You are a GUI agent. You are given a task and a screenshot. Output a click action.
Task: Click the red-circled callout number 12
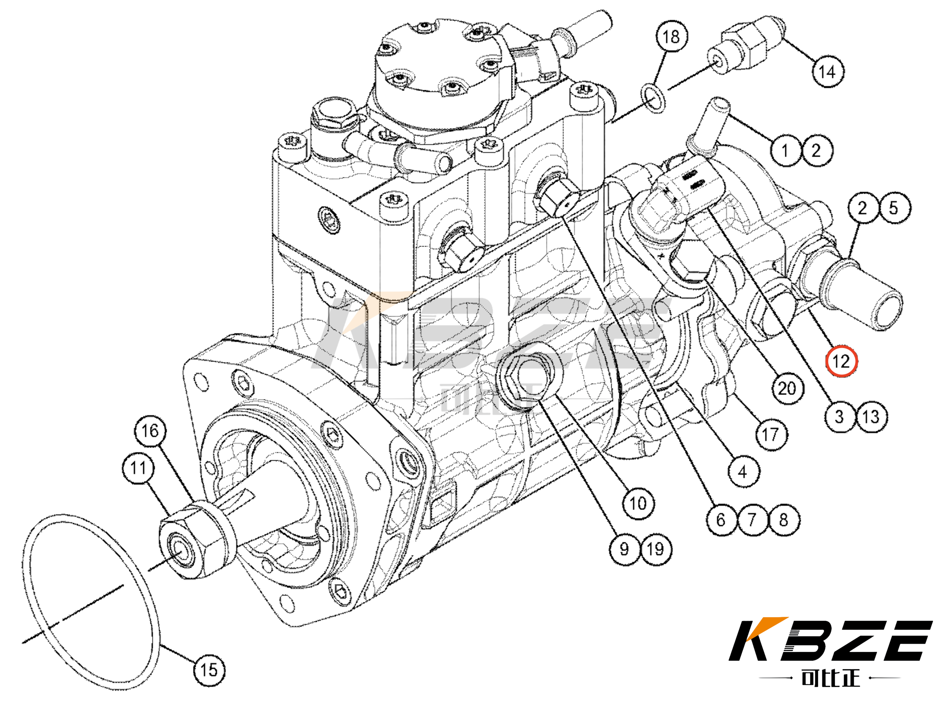point(841,361)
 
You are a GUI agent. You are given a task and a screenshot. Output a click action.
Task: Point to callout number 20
point(787,388)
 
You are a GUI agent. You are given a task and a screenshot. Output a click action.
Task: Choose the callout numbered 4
point(742,472)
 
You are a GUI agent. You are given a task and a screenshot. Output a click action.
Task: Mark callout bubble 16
point(150,431)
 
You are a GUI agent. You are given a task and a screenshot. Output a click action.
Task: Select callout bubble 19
point(656,549)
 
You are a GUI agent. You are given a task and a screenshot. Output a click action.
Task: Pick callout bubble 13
point(871,416)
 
